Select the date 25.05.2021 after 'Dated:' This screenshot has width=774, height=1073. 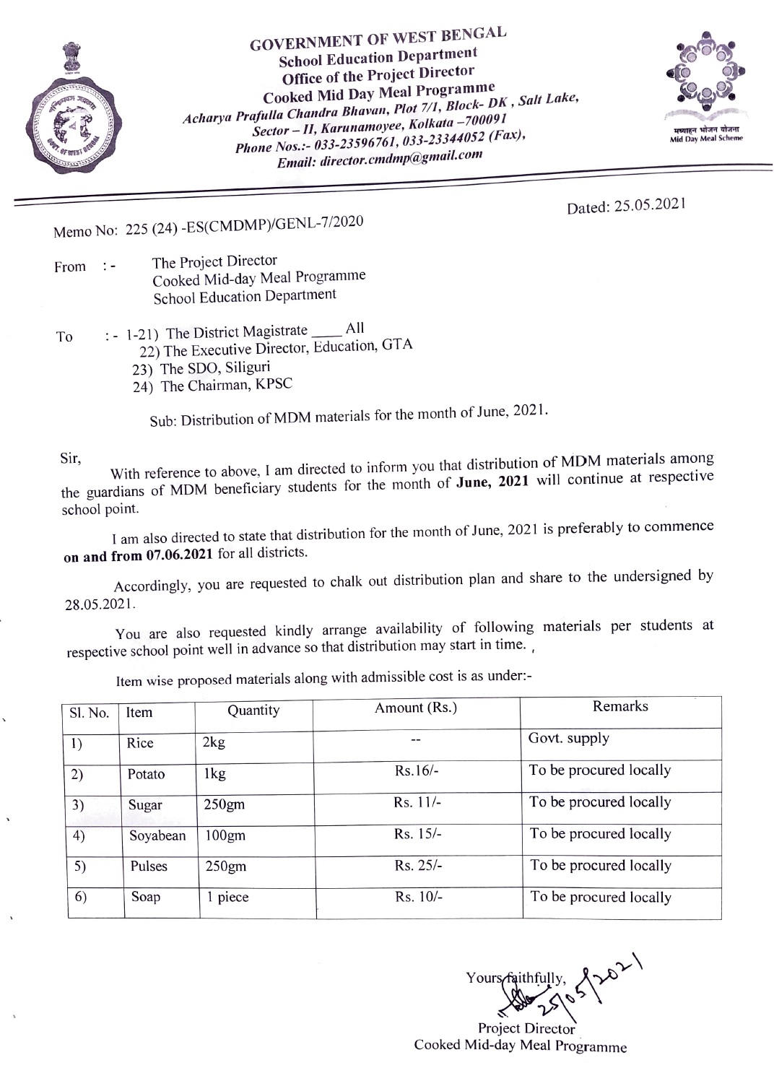[x=649, y=206]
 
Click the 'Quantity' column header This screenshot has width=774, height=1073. [x=253, y=711]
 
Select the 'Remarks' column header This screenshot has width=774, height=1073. [x=620, y=706]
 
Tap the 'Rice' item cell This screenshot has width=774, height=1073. [x=140, y=743]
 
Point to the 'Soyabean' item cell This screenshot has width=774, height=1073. [x=157, y=836]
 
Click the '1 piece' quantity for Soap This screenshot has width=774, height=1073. [x=227, y=898]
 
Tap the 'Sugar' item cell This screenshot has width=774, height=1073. [x=145, y=805]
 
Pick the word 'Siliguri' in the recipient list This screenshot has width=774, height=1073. [x=248, y=367]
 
